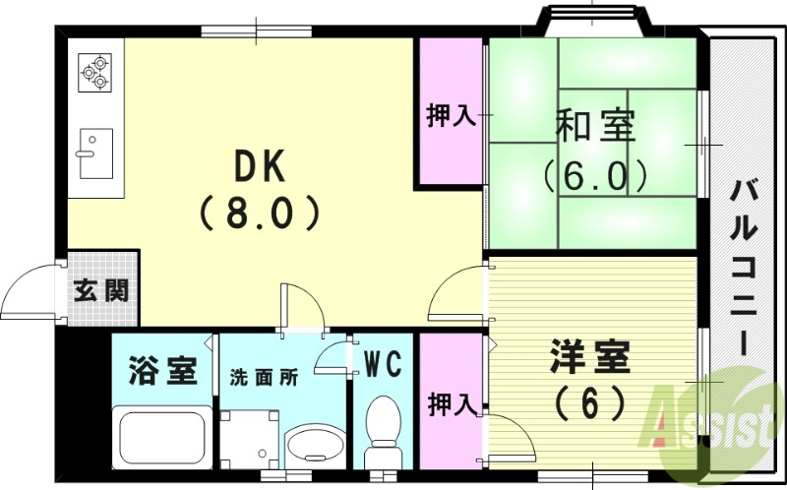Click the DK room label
tap(259, 168)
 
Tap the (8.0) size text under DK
tap(259, 213)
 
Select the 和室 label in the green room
tap(595, 127)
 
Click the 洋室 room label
tap(589, 356)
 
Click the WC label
tap(383, 365)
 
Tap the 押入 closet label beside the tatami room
tap(451, 116)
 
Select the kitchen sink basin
tap(95, 153)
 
